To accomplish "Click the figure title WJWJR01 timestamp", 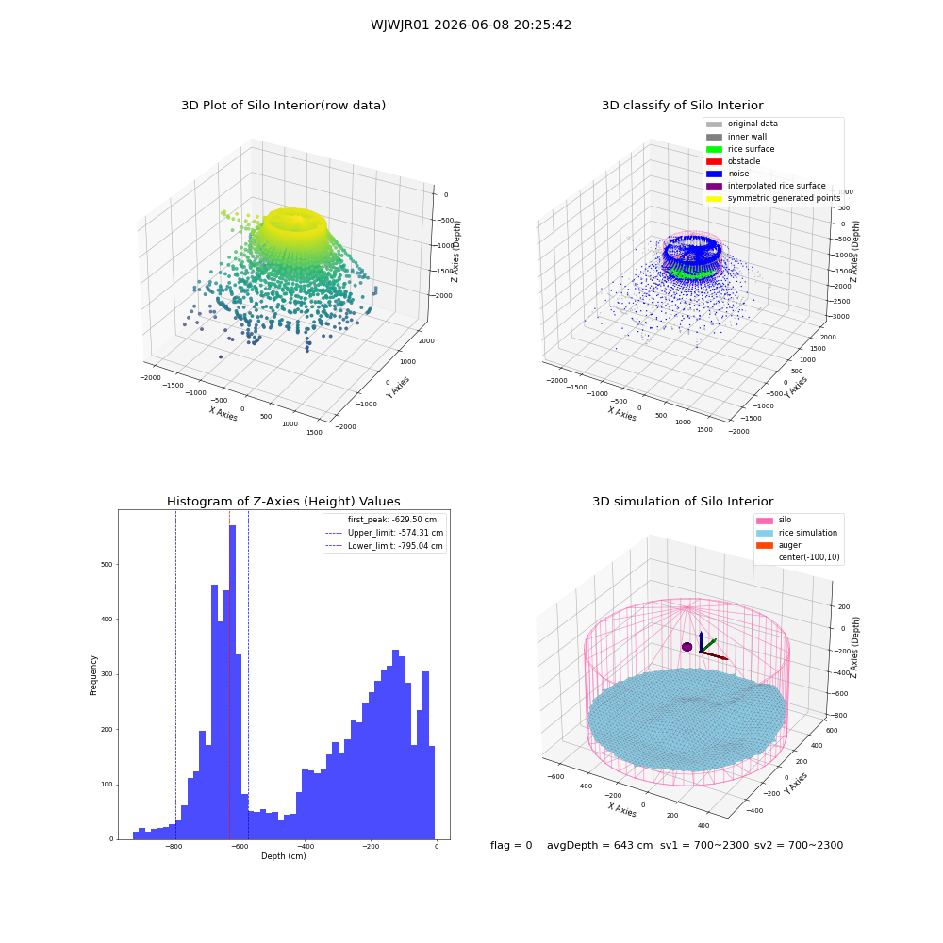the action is [x=471, y=25].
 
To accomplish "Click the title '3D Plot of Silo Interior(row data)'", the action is [x=283, y=106].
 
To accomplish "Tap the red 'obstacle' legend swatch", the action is [x=714, y=162].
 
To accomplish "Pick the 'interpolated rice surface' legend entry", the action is [x=766, y=186].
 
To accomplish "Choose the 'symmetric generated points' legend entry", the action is [x=773, y=198].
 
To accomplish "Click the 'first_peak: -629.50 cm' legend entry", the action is [x=381, y=520].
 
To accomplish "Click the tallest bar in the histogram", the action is [x=232, y=682].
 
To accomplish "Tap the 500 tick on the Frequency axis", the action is [x=108, y=565].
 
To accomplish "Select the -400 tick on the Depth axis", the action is [x=305, y=846].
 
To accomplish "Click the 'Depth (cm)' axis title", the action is [x=284, y=856].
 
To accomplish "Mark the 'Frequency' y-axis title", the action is [x=93, y=675].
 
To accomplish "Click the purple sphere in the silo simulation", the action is [x=687, y=647].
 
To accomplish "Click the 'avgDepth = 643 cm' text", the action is [x=600, y=846].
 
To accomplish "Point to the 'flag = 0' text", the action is [x=511, y=846].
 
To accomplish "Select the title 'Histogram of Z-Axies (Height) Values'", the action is [x=283, y=502].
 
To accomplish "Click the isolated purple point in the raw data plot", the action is [x=221, y=357].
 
